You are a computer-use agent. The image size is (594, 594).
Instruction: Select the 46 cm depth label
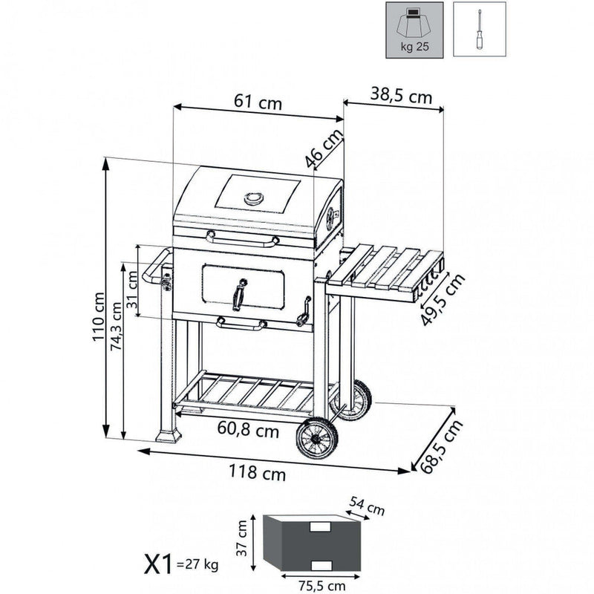tap(324, 148)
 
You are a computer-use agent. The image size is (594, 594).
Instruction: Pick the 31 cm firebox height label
tap(132, 281)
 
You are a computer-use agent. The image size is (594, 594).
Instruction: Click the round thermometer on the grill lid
tap(254, 198)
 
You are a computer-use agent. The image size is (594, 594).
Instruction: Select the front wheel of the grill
tap(317, 438)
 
